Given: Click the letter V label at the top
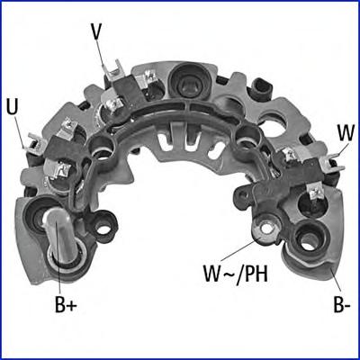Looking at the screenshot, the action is [x=95, y=31].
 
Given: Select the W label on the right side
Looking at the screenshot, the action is [x=346, y=133].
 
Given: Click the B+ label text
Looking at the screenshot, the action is [x=66, y=305].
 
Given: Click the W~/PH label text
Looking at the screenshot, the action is [x=235, y=274].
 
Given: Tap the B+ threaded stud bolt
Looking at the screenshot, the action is [x=58, y=237].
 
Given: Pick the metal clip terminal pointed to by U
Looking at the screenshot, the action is [x=35, y=146].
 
